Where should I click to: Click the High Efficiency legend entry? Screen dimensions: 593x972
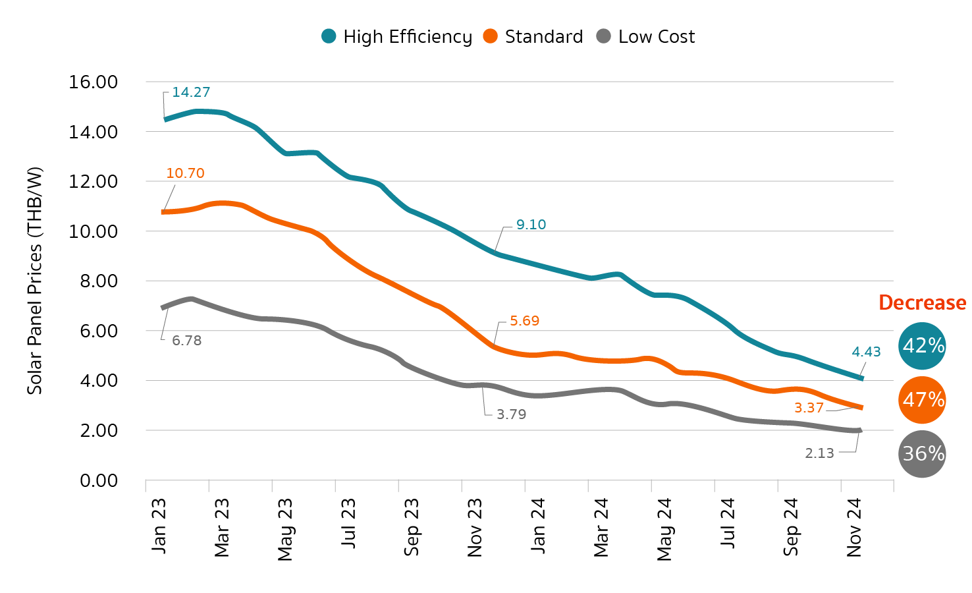tap(397, 37)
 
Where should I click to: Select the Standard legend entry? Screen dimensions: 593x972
tap(533, 37)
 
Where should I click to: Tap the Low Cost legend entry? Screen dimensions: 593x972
tap(646, 37)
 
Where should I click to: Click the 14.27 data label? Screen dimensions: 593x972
tap(191, 92)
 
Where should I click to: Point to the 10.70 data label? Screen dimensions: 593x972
tap(185, 173)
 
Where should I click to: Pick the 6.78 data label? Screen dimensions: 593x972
tap(186, 341)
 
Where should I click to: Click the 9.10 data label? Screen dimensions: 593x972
tap(531, 225)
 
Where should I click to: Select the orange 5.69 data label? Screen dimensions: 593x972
tap(524, 321)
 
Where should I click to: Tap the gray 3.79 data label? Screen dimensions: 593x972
tap(511, 414)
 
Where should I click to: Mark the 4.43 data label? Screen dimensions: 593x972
tap(866, 352)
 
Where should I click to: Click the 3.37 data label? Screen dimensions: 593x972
tap(809, 408)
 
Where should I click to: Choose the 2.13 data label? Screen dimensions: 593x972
tap(819, 453)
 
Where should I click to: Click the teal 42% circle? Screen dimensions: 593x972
tap(922, 346)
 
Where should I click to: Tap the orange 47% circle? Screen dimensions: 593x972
tap(922, 400)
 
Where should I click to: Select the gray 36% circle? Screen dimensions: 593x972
tap(922, 454)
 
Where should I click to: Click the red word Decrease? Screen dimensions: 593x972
tap(922, 302)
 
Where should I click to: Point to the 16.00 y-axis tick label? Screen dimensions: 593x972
tap(93, 82)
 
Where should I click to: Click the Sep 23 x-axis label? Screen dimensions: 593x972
tap(412, 527)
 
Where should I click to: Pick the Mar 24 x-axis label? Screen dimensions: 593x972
tap(601, 528)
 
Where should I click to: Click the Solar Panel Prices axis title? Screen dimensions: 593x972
tap(34, 281)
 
